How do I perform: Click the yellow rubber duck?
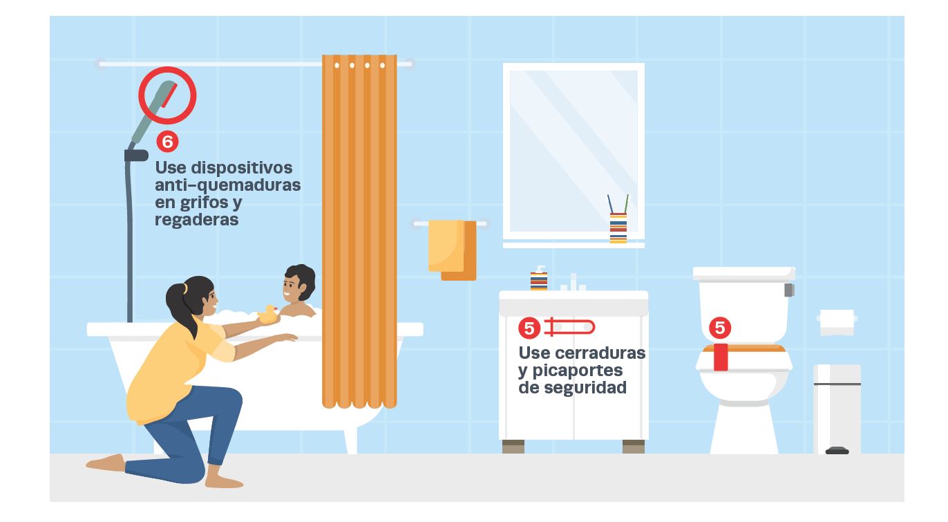[267, 314]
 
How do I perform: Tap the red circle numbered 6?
[168, 142]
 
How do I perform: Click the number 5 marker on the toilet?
[720, 327]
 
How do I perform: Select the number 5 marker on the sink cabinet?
[529, 328]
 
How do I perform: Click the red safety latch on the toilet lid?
[721, 357]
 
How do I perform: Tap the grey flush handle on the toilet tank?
[789, 290]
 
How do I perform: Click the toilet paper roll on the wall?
[837, 322]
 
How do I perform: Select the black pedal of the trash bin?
[837, 451]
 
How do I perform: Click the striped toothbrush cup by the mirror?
[618, 227]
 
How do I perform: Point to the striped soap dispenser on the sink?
[539, 278]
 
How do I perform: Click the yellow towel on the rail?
[446, 245]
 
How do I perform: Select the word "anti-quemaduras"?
[228, 185]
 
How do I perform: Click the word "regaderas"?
[197, 220]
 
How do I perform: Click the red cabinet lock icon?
[569, 327]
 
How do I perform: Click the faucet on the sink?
[573, 282]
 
